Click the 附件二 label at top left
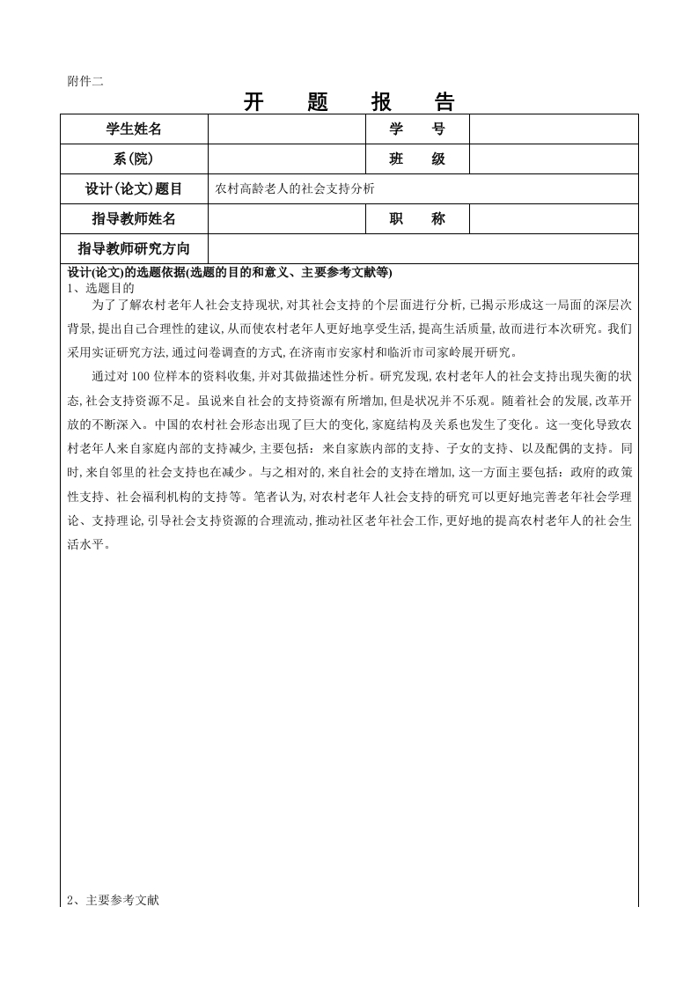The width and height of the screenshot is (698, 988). click(x=85, y=81)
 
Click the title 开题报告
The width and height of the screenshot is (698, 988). click(x=349, y=103)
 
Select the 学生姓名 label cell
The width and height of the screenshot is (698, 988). click(x=134, y=129)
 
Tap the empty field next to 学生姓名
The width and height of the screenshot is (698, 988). click(x=286, y=129)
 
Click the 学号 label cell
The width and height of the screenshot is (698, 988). click(x=417, y=129)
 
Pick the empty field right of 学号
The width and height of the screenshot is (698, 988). click(x=553, y=129)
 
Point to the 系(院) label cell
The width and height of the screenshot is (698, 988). click(x=134, y=159)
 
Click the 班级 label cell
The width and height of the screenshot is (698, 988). click(x=417, y=159)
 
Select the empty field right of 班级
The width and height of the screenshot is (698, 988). click(x=553, y=159)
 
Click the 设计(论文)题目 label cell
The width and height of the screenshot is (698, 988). click(x=134, y=188)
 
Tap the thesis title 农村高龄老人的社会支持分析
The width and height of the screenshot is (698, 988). click(x=295, y=188)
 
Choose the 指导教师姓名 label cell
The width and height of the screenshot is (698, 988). click(x=134, y=218)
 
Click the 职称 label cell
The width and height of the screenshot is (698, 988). click(x=417, y=218)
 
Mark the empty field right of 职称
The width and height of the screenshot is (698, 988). click(x=553, y=218)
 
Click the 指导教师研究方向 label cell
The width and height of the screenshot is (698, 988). click(x=134, y=247)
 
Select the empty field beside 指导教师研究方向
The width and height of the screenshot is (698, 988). click(x=422, y=247)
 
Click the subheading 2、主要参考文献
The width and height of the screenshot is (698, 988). click(x=113, y=900)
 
